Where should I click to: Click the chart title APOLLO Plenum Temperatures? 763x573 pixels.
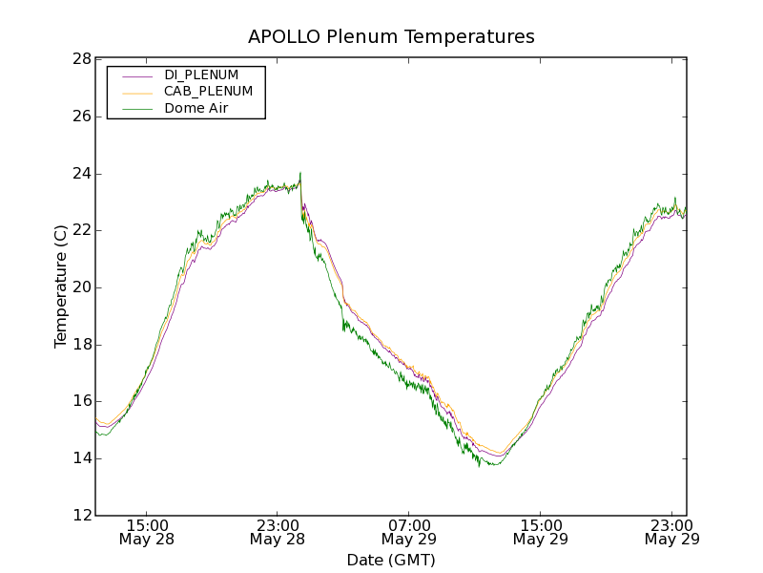391,37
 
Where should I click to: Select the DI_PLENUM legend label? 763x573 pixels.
201,74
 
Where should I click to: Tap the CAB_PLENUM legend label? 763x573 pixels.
208,92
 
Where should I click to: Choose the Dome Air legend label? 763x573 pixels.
196,109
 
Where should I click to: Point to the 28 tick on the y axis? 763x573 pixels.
81,59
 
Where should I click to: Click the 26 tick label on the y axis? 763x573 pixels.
81,117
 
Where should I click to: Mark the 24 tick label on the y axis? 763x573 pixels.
81,174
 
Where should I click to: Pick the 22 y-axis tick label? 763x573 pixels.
81,230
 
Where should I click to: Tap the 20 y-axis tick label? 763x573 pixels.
81,287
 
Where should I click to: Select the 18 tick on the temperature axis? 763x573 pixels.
81,345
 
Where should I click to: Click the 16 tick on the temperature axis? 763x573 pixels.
81,401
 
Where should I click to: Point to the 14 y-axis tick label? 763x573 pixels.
81,458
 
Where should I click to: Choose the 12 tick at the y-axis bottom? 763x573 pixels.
81,516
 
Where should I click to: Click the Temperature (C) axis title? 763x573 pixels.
61,286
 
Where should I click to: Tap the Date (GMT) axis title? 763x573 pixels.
391,560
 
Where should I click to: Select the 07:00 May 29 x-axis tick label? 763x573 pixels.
408,532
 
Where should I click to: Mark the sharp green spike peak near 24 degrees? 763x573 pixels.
300,173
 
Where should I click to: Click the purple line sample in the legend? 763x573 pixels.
135,74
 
